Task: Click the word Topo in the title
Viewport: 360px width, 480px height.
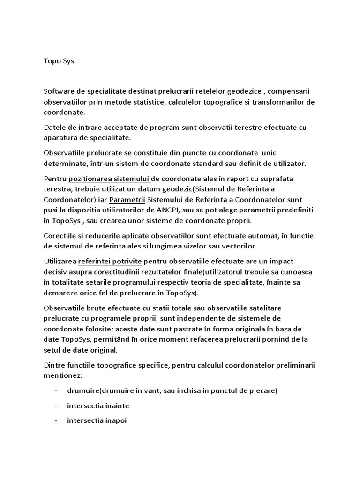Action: coord(52,60)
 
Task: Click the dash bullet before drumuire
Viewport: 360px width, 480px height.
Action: coord(56,391)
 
